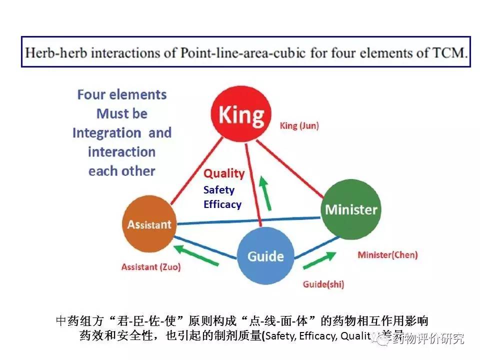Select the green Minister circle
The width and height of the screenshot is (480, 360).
click(351, 209)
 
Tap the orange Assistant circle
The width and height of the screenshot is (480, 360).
click(148, 224)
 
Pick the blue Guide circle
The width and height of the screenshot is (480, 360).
click(265, 256)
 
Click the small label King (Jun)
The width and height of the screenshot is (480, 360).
click(299, 125)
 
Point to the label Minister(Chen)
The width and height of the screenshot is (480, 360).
click(387, 254)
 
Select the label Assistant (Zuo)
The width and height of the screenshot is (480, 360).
click(151, 267)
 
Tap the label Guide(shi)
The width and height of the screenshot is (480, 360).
click(323, 284)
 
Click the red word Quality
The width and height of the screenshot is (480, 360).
click(224, 173)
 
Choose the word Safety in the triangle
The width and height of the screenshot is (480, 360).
click(218, 190)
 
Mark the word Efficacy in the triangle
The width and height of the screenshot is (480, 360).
click(222, 204)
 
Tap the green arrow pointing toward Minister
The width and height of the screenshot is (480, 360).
click(319, 260)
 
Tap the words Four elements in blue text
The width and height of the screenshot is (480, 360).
click(121, 94)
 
